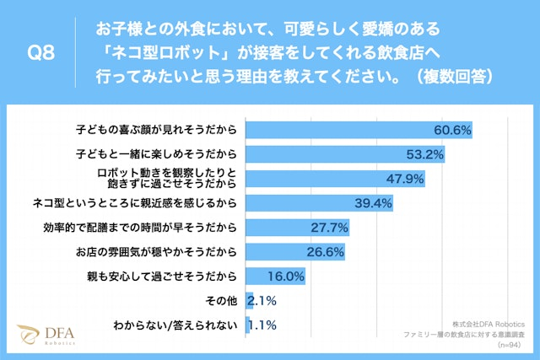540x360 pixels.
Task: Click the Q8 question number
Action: (41, 52)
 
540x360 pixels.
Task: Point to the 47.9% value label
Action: (404, 180)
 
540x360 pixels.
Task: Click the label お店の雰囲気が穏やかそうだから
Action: (157, 252)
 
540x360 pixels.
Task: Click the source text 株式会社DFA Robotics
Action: (489, 324)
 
